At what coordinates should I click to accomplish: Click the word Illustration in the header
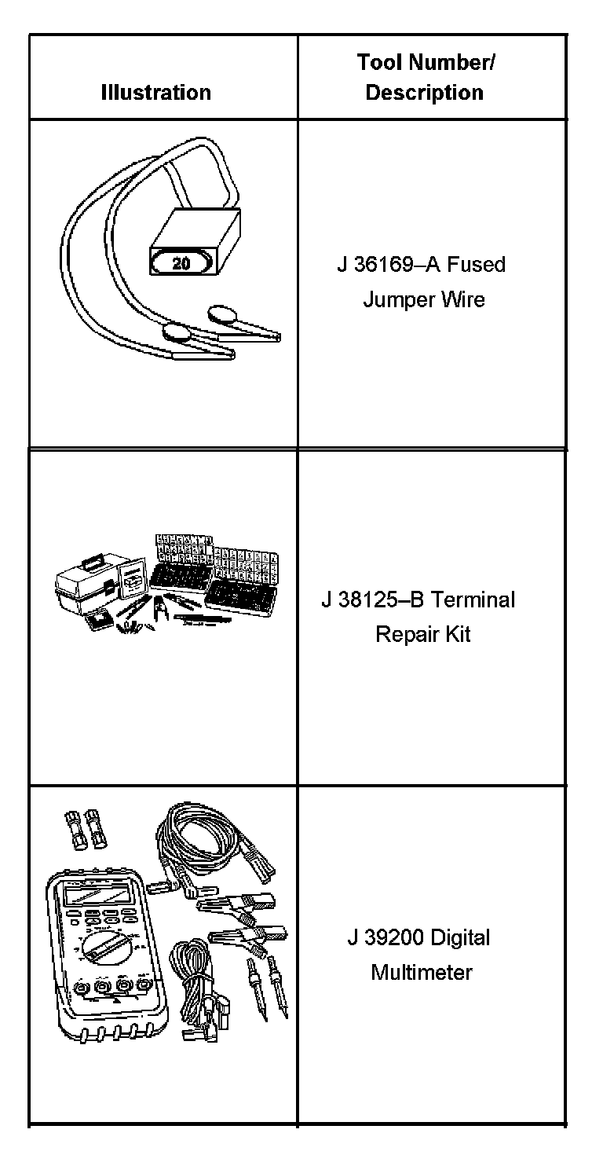155,93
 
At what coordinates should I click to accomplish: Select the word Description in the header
424,93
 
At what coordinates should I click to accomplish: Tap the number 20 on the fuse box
181,264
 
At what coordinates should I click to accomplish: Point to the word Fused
477,265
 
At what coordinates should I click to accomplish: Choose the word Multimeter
422,972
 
